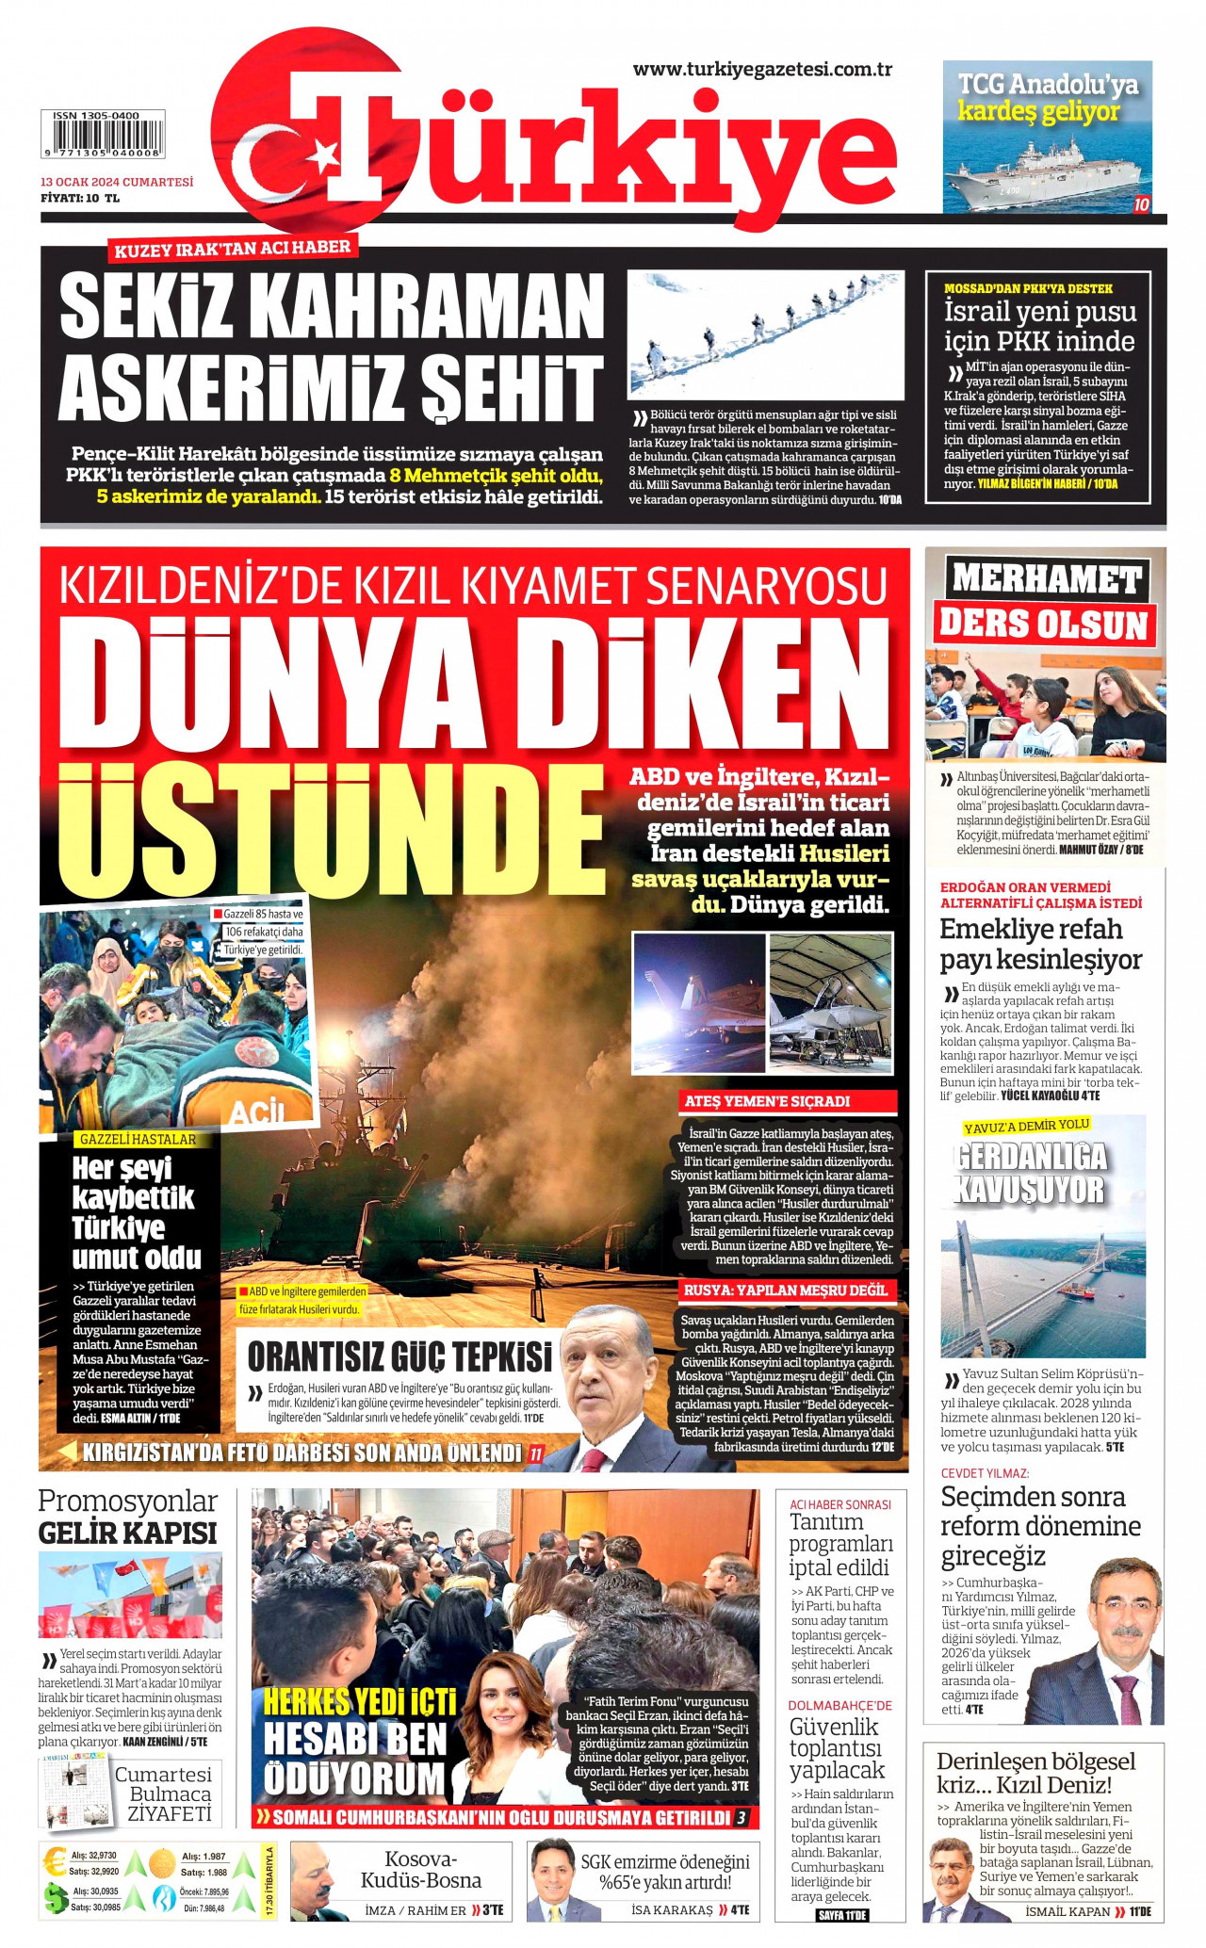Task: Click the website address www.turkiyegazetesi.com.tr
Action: click(761, 70)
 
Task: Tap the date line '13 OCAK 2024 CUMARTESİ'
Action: click(117, 182)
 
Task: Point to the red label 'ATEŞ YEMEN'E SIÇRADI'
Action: click(766, 1101)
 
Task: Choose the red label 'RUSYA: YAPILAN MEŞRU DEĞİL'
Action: click(785, 1290)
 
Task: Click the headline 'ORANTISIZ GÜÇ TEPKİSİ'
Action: click(399, 1357)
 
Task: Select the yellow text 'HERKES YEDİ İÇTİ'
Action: click(359, 1701)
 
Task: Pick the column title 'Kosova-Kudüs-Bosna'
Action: click(420, 1870)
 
